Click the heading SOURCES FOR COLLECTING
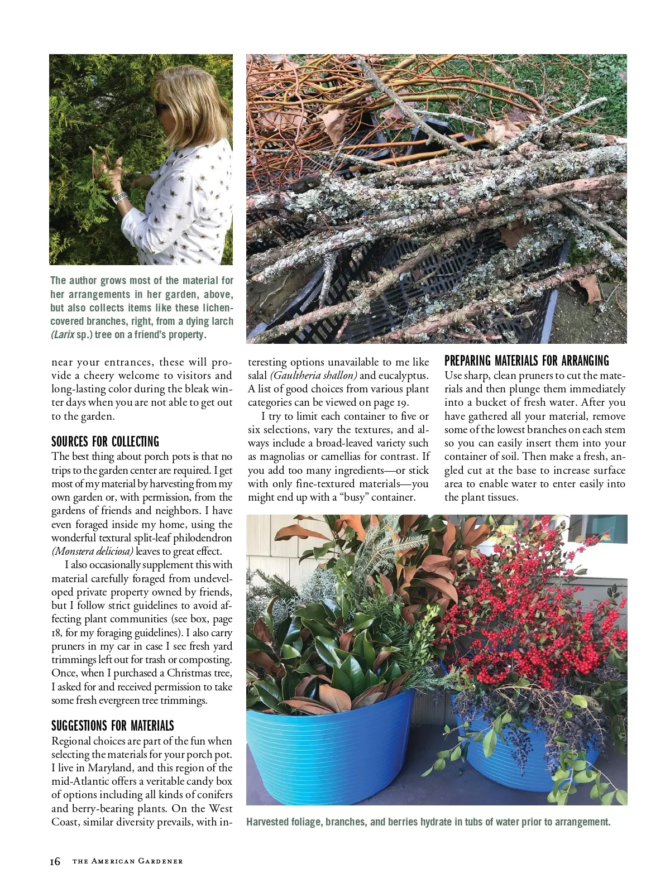(x=105, y=441)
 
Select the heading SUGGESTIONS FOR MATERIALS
(x=112, y=726)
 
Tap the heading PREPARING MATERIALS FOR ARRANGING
(x=527, y=361)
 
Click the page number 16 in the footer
(x=55, y=861)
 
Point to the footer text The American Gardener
(x=127, y=861)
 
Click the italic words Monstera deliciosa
(x=93, y=551)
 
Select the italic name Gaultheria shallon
(x=313, y=376)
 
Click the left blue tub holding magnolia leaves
(x=329, y=748)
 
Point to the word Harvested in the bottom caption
(x=267, y=822)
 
